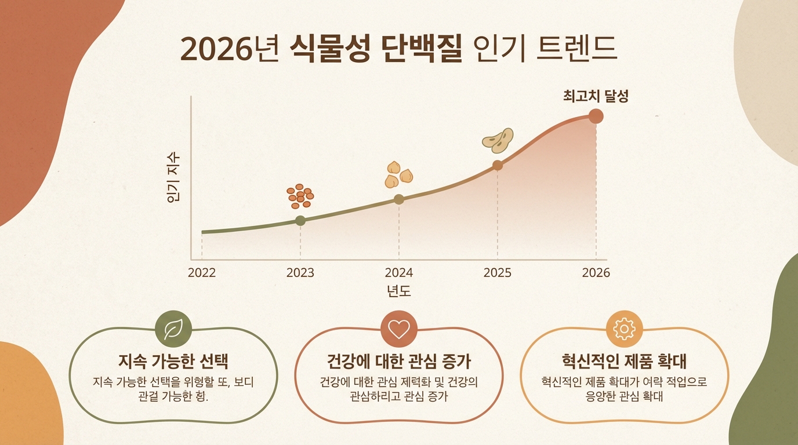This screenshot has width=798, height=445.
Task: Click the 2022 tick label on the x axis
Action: (x=202, y=272)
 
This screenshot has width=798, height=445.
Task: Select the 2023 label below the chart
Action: (x=300, y=272)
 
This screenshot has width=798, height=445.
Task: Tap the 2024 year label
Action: (x=399, y=272)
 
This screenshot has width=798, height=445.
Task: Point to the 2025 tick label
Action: (x=498, y=272)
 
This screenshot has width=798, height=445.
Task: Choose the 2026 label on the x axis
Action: (x=596, y=272)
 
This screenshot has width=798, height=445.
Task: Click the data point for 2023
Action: (x=300, y=220)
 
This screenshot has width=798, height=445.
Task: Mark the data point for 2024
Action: (x=399, y=199)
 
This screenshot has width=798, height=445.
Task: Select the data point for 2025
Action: (x=498, y=165)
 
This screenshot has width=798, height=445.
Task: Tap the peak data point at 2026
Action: (x=596, y=116)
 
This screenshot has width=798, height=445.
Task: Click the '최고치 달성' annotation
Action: (x=596, y=96)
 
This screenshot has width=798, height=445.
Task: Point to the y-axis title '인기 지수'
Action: (x=173, y=177)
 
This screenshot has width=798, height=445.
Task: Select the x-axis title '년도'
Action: (x=399, y=291)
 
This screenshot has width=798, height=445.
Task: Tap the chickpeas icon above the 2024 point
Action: (x=399, y=174)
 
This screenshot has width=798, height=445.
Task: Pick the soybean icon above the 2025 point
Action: (x=498, y=140)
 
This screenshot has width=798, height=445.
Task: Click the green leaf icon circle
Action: (x=173, y=330)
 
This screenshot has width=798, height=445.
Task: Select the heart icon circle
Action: (x=399, y=330)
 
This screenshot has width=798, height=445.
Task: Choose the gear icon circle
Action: (x=625, y=330)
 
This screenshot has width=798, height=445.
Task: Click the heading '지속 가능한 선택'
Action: (x=173, y=362)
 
